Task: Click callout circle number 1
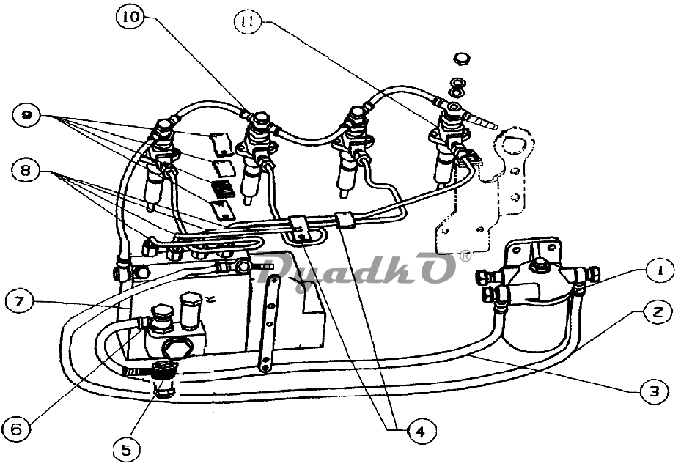point(659,271)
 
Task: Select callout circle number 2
point(658,311)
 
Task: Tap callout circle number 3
point(654,391)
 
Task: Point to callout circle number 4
point(421,430)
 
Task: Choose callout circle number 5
point(127,449)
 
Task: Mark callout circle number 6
point(17,429)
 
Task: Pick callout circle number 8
point(26,170)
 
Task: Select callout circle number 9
point(26,116)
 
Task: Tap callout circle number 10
point(130,17)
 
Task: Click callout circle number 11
point(248,21)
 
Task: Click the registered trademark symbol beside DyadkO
point(465,256)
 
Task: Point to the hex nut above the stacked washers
point(461,58)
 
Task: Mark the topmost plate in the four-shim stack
point(221,144)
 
